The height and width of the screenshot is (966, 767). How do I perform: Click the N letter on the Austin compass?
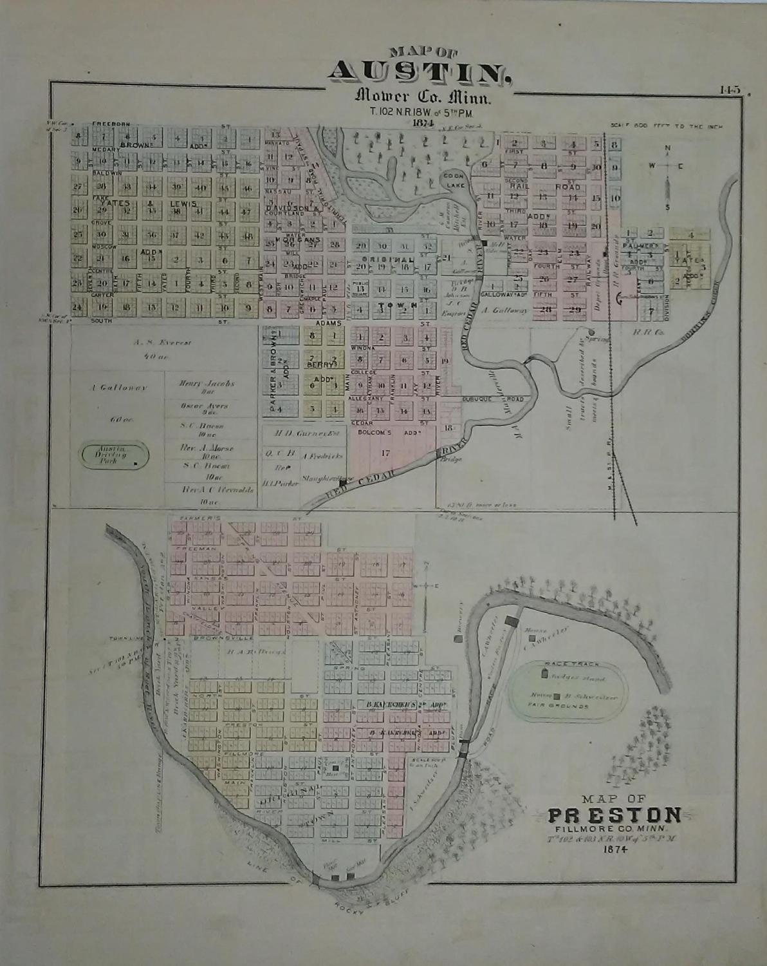(x=668, y=148)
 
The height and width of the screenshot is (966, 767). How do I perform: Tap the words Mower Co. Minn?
(x=422, y=98)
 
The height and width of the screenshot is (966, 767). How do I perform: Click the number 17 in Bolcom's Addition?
(x=385, y=453)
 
